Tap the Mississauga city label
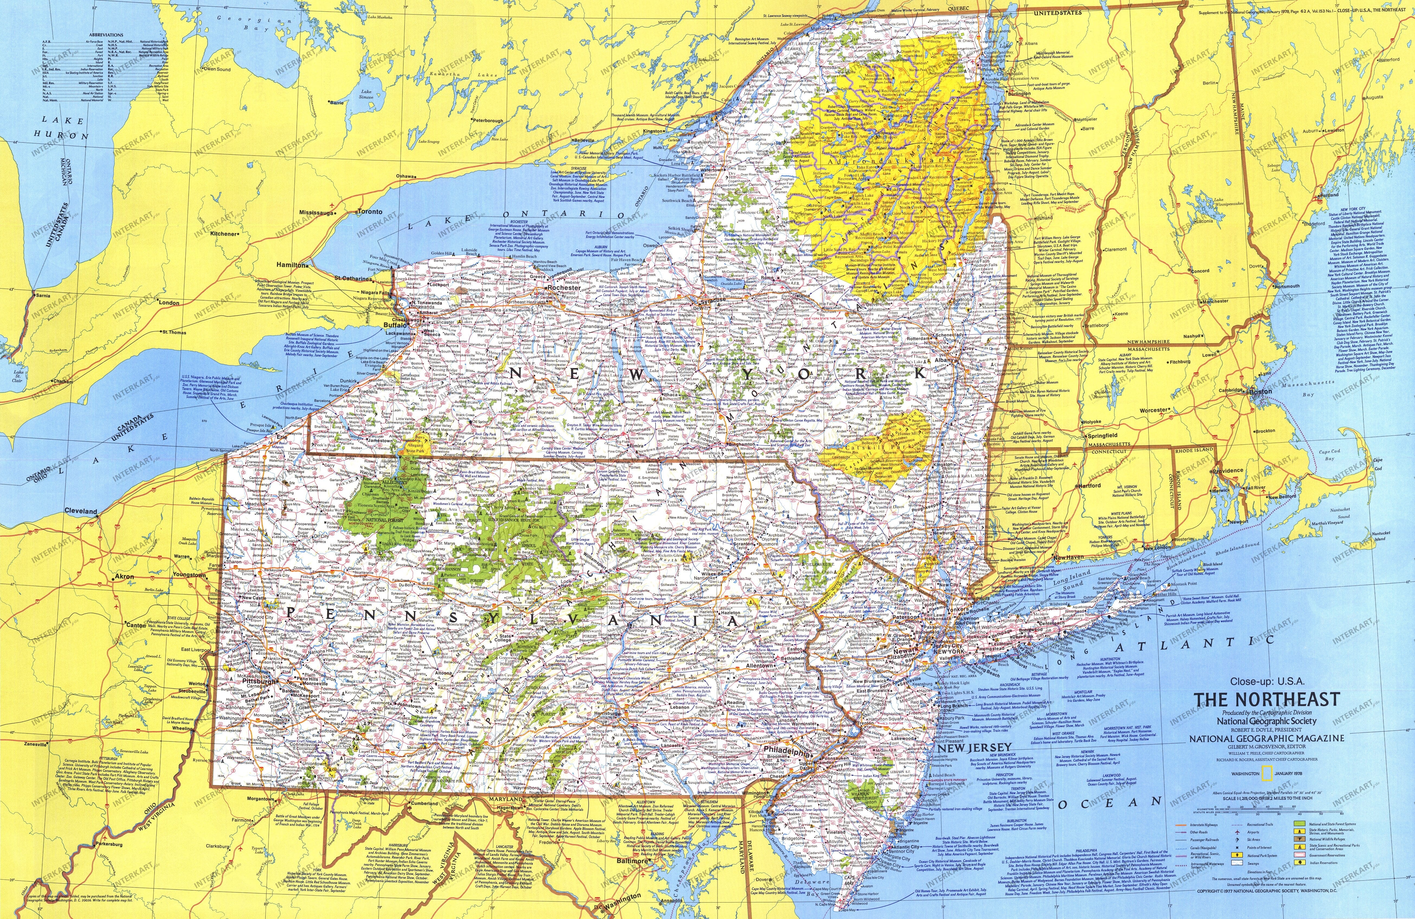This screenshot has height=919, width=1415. point(317,212)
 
